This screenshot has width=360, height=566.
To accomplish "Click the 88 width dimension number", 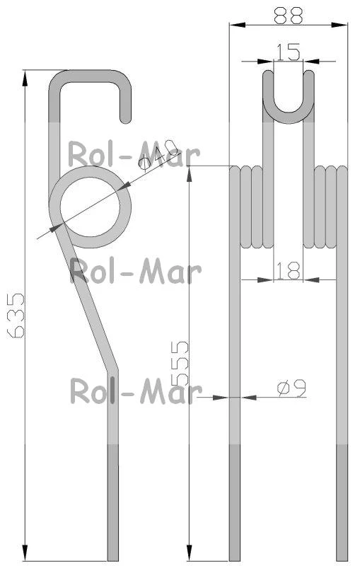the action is click(288, 16).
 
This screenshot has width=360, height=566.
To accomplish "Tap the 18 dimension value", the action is click(288, 271).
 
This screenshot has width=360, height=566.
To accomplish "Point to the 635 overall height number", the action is click(16, 316).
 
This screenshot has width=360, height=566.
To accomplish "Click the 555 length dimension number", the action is click(180, 363).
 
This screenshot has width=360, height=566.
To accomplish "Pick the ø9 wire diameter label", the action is click(291, 388).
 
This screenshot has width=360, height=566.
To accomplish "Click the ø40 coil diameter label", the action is click(158, 156).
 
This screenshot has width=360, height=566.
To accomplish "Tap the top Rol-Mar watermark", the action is click(134, 154).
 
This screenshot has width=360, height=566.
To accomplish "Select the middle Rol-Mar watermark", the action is click(135, 271).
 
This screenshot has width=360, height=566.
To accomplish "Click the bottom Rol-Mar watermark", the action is click(136, 391).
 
